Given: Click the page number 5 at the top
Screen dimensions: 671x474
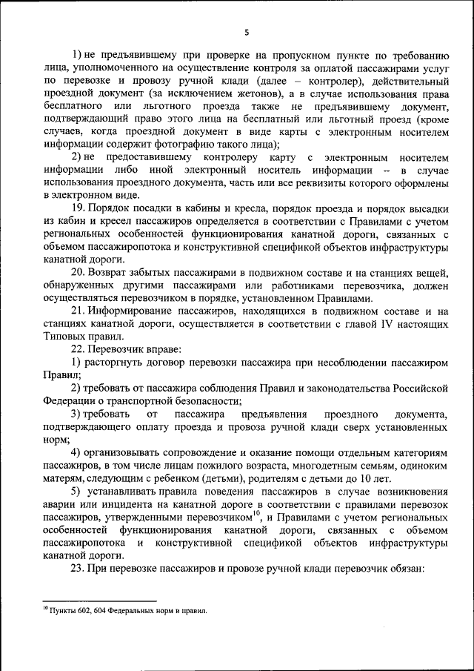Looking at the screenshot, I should tap(246, 32).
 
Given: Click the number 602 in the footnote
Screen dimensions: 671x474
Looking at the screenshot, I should tap(83, 611).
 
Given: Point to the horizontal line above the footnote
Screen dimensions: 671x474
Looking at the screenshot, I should tap(99, 602).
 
